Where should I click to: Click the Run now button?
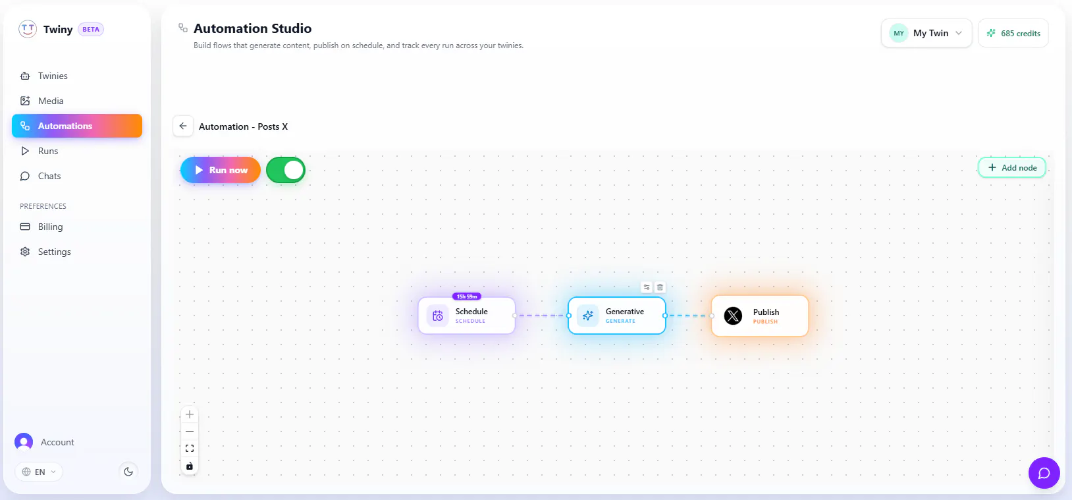click(220, 170)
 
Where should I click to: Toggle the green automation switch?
click(286, 170)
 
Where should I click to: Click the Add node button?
click(1011, 167)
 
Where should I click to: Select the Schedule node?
click(467, 316)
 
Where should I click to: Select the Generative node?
click(617, 316)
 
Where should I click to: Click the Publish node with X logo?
click(760, 316)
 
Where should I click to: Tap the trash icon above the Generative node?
click(660, 287)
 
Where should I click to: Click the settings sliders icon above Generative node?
click(647, 287)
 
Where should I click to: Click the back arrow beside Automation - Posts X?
click(183, 126)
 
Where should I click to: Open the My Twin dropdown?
click(926, 33)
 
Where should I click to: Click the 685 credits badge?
click(1013, 33)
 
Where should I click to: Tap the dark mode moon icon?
click(128, 472)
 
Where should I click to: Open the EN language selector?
click(39, 472)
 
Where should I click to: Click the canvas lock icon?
click(190, 466)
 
